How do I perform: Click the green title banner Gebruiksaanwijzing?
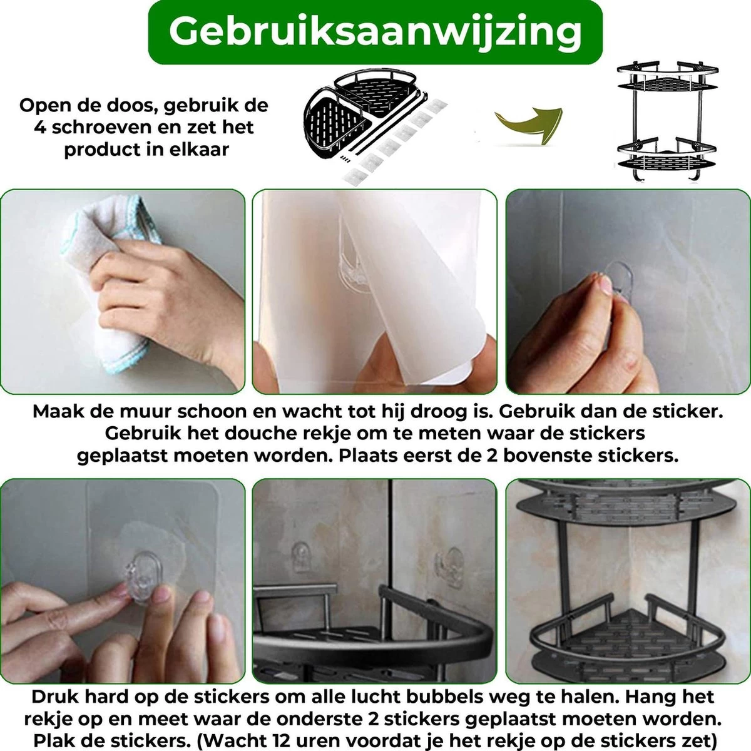[x=375, y=32]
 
